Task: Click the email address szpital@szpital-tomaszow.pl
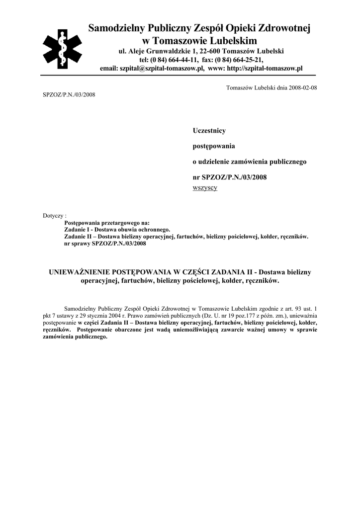162,68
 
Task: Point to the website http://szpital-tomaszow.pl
265,68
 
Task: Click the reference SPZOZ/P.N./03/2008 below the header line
69,94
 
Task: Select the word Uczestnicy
209,130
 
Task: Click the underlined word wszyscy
204,188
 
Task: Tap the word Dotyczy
54,216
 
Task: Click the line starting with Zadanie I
117,230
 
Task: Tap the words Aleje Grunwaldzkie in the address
159,51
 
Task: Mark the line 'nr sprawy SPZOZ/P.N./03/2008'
105,244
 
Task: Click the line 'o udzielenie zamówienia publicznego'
250,162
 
